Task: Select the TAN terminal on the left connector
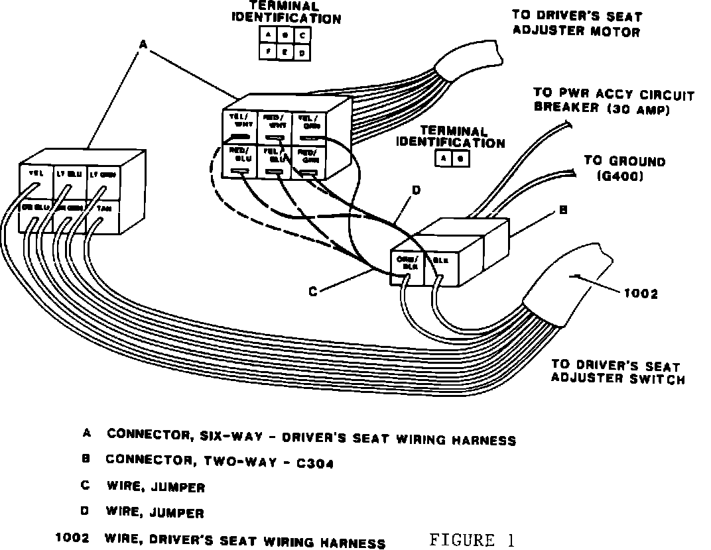tap(103, 208)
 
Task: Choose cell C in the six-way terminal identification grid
tap(301, 35)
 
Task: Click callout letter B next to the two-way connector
tap(562, 210)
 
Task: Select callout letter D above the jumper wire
tap(416, 191)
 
